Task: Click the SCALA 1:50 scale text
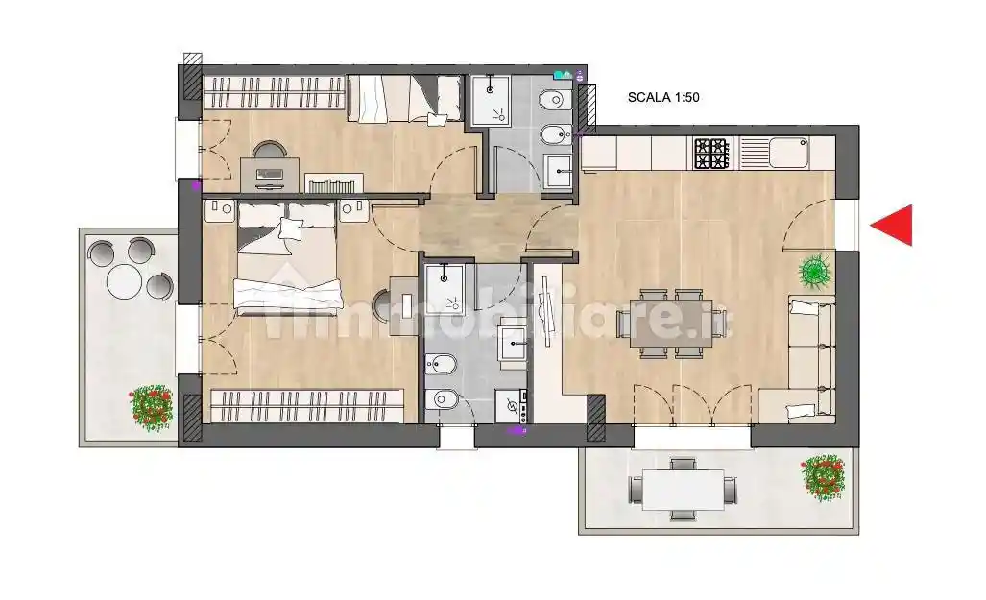(x=663, y=98)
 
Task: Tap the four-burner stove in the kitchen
(x=711, y=154)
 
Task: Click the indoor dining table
(x=672, y=324)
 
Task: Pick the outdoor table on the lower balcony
(x=683, y=490)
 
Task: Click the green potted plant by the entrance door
(x=815, y=272)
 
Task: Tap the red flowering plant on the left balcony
(x=151, y=408)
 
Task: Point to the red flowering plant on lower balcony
(x=823, y=478)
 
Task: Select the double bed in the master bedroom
(x=287, y=258)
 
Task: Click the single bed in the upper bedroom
(x=404, y=98)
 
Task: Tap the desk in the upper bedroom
(x=270, y=174)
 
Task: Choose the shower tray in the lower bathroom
(x=445, y=289)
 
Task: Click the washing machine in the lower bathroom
(x=513, y=406)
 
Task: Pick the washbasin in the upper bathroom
(x=557, y=171)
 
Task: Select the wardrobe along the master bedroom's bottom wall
(x=307, y=406)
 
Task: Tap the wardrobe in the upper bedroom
(x=275, y=92)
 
